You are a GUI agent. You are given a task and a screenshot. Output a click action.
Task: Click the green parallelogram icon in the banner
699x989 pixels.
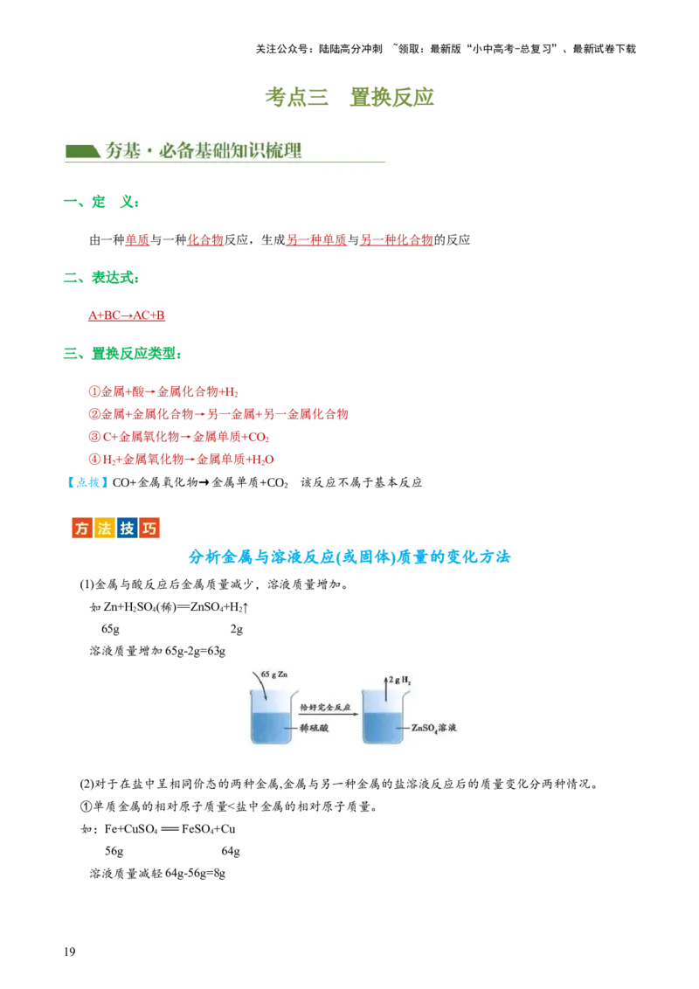tap(83, 150)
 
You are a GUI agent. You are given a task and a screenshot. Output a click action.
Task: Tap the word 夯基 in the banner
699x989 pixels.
tap(122, 150)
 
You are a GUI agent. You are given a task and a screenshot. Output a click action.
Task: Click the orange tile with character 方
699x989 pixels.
tap(82, 529)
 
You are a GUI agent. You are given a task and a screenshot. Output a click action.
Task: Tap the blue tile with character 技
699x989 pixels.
tap(128, 529)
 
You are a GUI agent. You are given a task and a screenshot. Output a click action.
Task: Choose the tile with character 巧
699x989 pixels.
tap(149, 529)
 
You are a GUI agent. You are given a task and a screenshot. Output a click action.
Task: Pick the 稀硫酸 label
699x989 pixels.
tap(313, 728)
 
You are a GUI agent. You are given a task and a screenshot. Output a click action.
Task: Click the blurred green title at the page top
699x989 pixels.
tap(350, 98)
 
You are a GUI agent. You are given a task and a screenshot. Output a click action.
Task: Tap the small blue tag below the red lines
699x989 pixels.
tap(87, 481)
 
